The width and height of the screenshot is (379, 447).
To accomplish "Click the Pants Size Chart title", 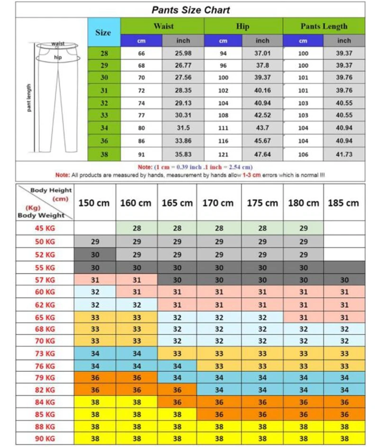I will coord(191,10).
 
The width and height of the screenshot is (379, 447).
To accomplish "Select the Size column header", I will coord(103,33).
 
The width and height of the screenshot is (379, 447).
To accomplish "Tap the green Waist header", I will coord(162,26).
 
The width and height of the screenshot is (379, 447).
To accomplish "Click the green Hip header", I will coord(243,26).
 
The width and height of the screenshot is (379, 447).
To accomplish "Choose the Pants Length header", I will coord(324,26).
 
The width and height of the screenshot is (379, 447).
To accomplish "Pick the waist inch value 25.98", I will coord(183,54).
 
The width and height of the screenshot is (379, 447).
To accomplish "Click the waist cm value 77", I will coord(141,115).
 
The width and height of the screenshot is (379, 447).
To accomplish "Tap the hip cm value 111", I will coord(223,128).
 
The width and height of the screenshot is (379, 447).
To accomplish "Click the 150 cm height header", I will coord(94,203).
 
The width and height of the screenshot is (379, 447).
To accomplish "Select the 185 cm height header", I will coord(344,203).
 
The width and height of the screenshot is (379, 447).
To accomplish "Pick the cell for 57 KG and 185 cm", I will coord(344,280).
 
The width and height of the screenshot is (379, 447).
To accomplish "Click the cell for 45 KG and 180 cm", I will coord(304,228).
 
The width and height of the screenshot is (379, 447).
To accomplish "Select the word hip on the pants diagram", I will coord(58,57).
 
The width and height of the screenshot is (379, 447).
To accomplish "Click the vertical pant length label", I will coord(29,98).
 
